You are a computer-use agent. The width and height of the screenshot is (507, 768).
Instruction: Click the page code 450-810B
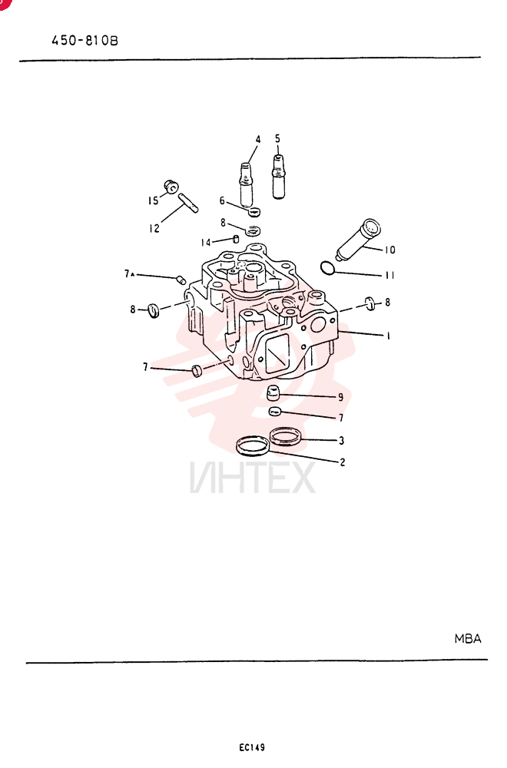(x=84, y=40)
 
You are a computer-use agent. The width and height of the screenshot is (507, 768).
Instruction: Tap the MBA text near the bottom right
(x=468, y=639)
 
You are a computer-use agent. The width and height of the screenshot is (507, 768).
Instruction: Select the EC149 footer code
(x=252, y=747)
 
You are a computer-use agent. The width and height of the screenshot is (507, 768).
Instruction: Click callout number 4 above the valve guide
(x=258, y=140)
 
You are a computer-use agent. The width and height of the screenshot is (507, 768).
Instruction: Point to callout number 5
(x=278, y=138)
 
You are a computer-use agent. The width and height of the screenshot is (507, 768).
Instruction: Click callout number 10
(x=389, y=250)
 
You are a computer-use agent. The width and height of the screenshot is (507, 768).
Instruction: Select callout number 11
(x=389, y=275)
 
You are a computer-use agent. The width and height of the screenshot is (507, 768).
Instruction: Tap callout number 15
(x=154, y=200)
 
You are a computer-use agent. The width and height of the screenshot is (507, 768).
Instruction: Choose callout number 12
(x=154, y=228)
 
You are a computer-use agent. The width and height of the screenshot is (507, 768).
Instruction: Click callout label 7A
(x=129, y=274)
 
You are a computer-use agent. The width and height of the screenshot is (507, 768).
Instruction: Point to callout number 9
(x=341, y=397)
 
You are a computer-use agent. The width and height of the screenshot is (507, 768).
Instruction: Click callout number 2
(x=343, y=462)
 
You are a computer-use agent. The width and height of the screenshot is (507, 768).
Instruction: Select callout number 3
(x=341, y=440)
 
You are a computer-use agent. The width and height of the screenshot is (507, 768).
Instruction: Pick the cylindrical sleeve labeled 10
(x=358, y=240)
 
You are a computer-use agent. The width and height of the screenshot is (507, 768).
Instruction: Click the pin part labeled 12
(x=188, y=204)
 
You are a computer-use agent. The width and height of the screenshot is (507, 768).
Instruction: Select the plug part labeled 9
(x=273, y=392)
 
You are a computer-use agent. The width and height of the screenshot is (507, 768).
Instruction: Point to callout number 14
(x=206, y=243)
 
